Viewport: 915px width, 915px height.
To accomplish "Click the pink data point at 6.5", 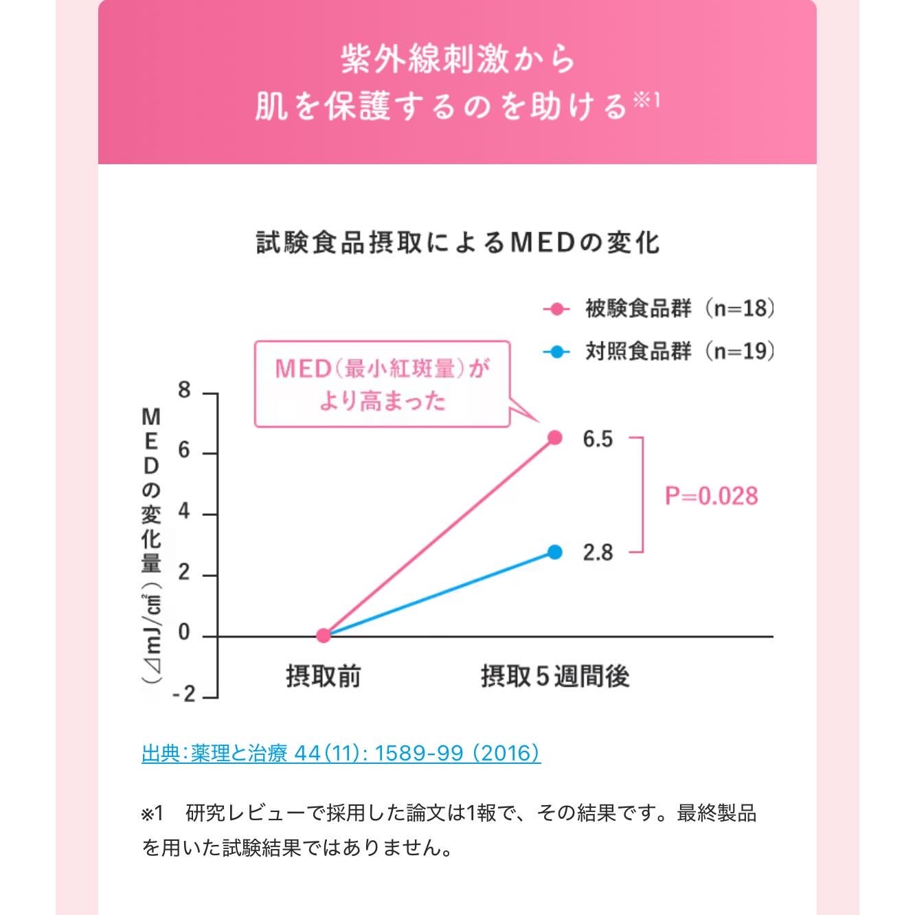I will (x=555, y=438).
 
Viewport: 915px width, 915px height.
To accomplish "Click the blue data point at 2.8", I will (x=555, y=552).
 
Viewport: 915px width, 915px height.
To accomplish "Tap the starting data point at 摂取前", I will (x=324, y=635).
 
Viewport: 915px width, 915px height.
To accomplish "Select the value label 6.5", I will (x=598, y=439).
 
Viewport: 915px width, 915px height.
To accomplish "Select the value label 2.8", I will (x=598, y=552).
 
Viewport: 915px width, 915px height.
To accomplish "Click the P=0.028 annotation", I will (x=711, y=496).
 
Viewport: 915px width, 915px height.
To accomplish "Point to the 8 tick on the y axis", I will (x=184, y=391).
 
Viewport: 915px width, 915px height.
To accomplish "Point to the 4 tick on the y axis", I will (x=184, y=512).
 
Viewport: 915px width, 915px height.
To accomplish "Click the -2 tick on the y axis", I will (x=183, y=694).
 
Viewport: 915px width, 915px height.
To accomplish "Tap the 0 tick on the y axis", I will (x=184, y=633).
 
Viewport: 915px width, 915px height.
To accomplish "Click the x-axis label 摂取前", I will (x=324, y=677).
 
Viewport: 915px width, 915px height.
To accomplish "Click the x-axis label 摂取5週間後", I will (x=555, y=677).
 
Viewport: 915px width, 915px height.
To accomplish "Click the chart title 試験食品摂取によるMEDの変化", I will (x=457, y=242).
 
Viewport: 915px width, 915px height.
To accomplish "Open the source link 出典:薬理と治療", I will (x=341, y=753).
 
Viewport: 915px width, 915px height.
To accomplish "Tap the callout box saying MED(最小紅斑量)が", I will (x=382, y=384).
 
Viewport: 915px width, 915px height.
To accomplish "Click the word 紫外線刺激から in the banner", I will (x=457, y=59).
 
